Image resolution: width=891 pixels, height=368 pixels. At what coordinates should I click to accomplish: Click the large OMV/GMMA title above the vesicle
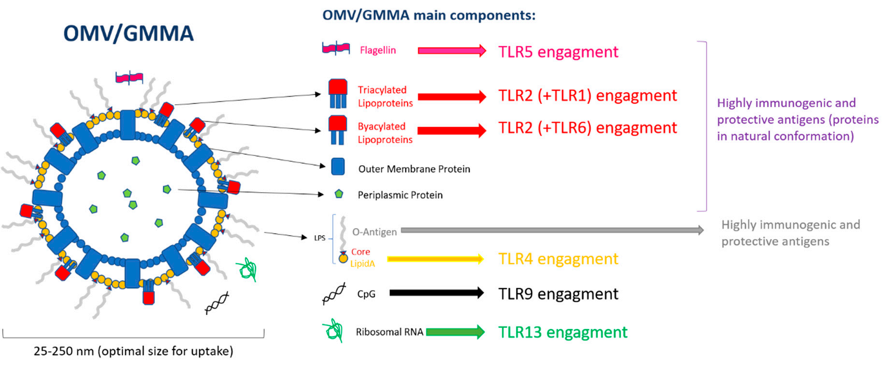129,33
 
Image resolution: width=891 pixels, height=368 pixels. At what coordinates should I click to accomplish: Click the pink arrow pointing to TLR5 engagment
452,50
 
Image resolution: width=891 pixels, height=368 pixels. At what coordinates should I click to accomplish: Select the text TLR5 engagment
558,52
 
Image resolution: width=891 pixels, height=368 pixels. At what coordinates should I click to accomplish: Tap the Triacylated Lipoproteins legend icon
338,94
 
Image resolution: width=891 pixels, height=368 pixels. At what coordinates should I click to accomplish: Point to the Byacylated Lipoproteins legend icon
338,130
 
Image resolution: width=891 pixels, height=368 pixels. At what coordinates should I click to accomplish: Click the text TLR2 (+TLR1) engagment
588,96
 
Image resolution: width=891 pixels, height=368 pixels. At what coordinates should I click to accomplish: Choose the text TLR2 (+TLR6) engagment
588,128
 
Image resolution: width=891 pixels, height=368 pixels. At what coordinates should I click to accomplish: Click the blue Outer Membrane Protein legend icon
338,167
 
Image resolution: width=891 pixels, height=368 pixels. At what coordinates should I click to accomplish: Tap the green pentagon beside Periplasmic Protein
339,194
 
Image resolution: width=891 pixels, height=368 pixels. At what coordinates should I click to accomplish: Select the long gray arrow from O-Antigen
552,230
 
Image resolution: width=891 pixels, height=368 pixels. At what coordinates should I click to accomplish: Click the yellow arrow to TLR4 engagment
435,259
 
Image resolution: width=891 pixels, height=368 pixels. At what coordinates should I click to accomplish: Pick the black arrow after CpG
437,292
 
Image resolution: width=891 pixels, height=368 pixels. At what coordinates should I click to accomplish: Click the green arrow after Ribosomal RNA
455,332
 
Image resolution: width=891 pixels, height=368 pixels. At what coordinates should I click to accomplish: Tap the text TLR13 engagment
563,332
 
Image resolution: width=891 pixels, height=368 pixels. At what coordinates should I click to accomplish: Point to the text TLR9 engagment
558,294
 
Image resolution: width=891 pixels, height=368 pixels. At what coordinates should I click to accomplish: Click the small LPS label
320,238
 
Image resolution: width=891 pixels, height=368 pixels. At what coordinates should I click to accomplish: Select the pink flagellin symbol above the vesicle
129,77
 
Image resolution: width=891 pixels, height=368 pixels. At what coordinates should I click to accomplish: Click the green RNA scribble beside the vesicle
247,269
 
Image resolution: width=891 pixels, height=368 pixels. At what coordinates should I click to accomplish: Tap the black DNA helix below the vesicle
217,303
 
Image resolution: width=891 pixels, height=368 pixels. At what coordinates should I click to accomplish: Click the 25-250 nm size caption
133,351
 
